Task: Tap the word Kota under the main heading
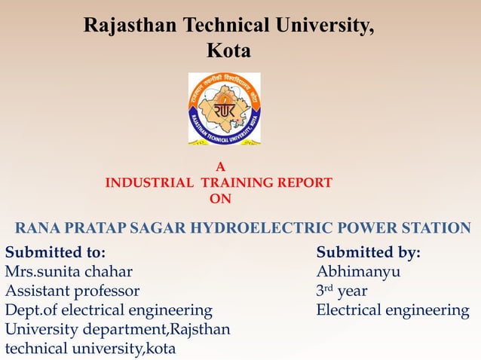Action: tap(228, 51)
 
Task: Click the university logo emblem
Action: tap(224, 108)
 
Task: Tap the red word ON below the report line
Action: tap(220, 199)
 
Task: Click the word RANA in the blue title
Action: tap(38, 228)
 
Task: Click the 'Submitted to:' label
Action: tap(55, 252)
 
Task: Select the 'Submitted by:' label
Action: tap(369, 252)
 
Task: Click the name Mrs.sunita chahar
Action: tap(69, 271)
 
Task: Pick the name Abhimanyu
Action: tap(358, 271)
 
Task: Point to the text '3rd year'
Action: tap(342, 291)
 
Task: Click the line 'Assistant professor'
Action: tap(72, 291)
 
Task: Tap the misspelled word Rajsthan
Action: tap(201, 330)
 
